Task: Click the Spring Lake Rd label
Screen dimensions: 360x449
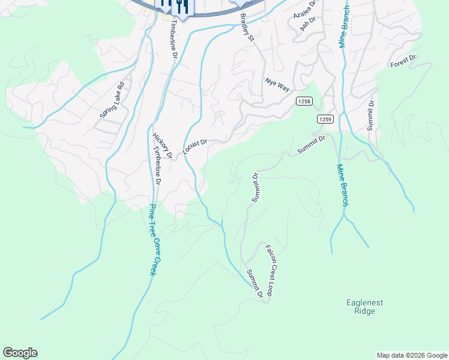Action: tap(113, 100)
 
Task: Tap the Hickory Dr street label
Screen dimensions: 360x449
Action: tap(163, 146)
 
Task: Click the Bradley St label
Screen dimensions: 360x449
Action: tap(247, 28)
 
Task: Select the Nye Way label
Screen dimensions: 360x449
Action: tap(277, 84)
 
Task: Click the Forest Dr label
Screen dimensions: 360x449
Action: tap(403, 61)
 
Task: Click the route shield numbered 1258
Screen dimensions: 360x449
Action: tap(304, 102)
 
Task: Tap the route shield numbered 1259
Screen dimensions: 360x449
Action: tap(325, 119)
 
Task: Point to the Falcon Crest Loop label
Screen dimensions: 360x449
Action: tap(271, 270)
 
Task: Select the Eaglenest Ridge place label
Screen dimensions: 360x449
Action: tap(364, 307)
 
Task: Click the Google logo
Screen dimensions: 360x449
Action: tap(20, 353)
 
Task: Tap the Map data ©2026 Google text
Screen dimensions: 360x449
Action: tap(411, 355)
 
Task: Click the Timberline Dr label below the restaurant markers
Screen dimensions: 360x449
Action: tap(174, 40)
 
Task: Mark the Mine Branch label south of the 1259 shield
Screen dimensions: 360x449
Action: tap(342, 185)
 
